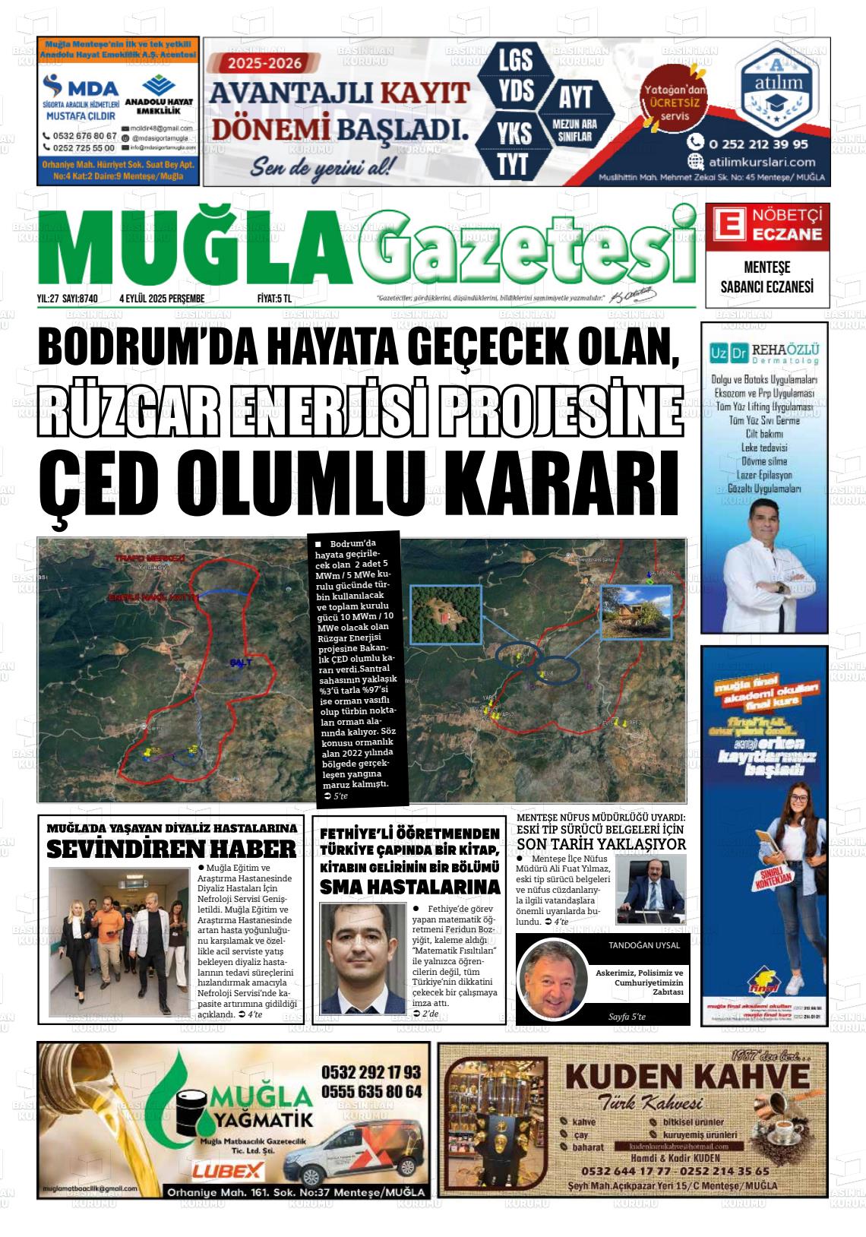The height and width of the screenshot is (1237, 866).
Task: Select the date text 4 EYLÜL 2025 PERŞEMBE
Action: click(x=162, y=299)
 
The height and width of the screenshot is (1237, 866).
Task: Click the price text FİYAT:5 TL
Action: click(x=274, y=299)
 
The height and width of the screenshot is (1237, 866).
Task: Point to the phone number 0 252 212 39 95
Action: click(x=758, y=144)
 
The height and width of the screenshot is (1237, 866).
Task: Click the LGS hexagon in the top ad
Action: click(x=515, y=59)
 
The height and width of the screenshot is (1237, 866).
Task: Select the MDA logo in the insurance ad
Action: click(x=81, y=85)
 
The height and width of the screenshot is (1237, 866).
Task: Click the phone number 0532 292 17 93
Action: click(x=371, y=1072)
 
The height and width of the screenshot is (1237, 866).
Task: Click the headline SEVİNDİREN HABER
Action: click(x=171, y=849)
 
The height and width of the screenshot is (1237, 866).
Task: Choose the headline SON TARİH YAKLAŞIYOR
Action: click(x=601, y=844)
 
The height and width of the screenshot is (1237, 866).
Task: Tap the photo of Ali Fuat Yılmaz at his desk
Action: click(x=650, y=888)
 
